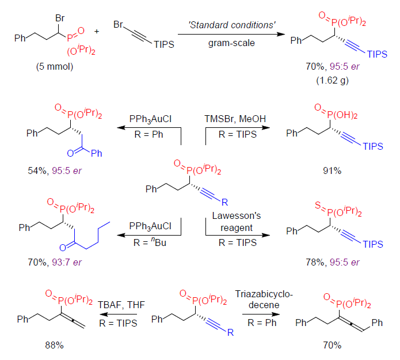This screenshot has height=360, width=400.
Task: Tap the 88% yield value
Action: [54, 345]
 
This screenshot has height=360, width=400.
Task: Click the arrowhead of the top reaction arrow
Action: [281, 35]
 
